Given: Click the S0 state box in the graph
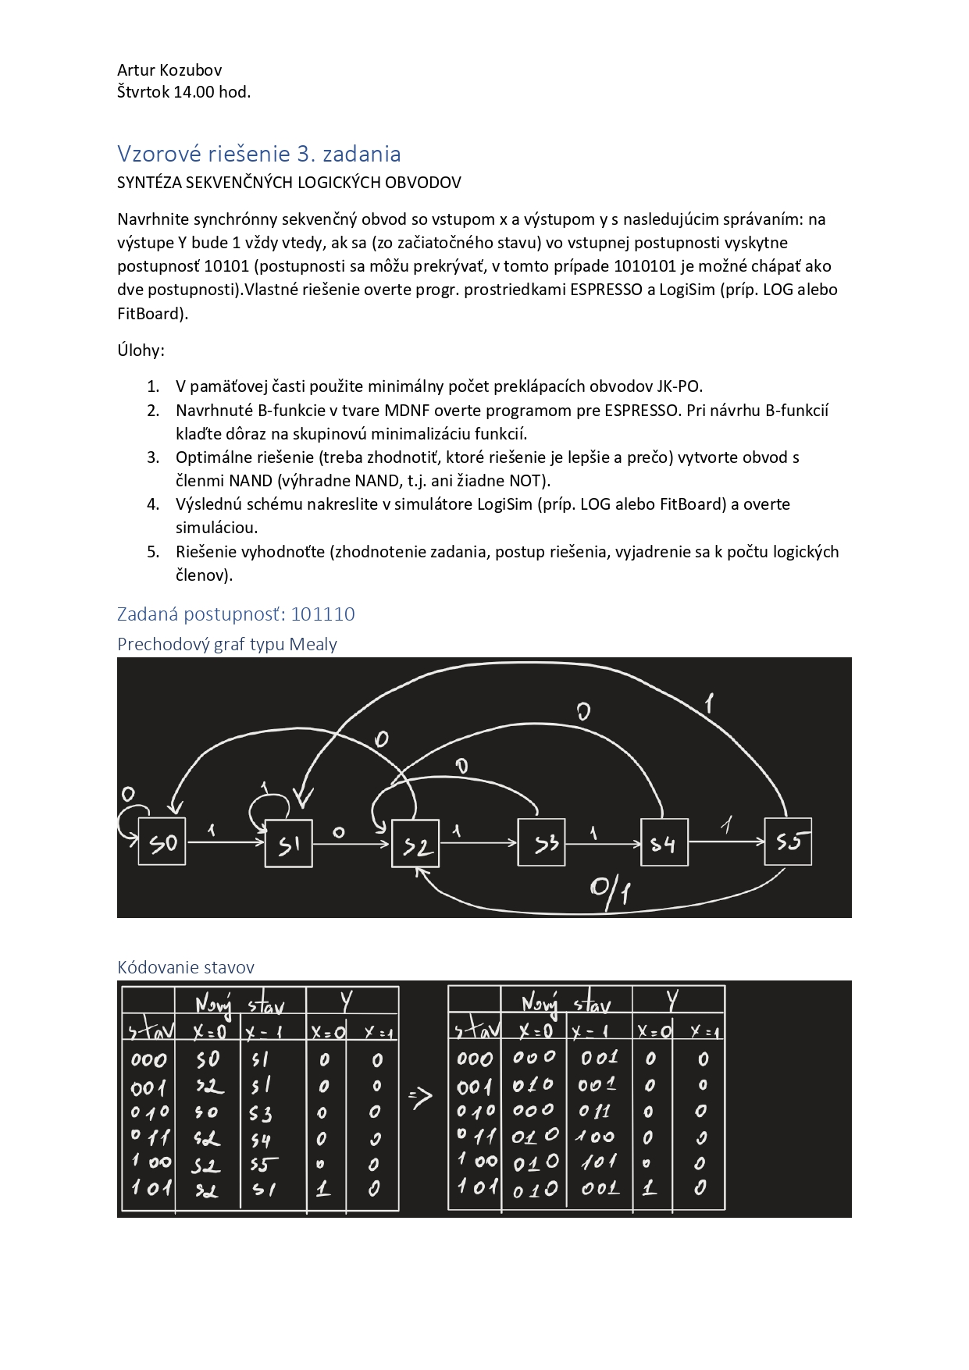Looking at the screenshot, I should pos(162,842).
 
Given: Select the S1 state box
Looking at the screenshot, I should pos(289,843).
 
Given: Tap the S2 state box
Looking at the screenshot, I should pos(415,844).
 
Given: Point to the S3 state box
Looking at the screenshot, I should pos(542,842).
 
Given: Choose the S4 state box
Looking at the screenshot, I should pos(664,842).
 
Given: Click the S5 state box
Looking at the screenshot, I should pos(788,842).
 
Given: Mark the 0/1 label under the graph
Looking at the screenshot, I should pos(611,889).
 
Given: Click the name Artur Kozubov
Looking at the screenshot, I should pos(169,70).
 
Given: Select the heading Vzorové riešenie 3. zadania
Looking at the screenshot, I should pos(258,154).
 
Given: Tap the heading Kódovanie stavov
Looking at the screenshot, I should pos(186,967).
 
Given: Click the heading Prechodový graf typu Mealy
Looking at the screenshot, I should pos(227,644).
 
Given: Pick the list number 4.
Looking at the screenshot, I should pos(153,504).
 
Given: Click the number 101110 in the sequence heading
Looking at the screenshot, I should pos(322,614).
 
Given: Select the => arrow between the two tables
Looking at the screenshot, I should pos(420,1098).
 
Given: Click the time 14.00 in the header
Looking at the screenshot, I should pos(194,92).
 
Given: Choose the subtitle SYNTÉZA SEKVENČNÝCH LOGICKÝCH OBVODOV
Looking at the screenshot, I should pos(289,183).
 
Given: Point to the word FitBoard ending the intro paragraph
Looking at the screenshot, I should pos(150,314).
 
